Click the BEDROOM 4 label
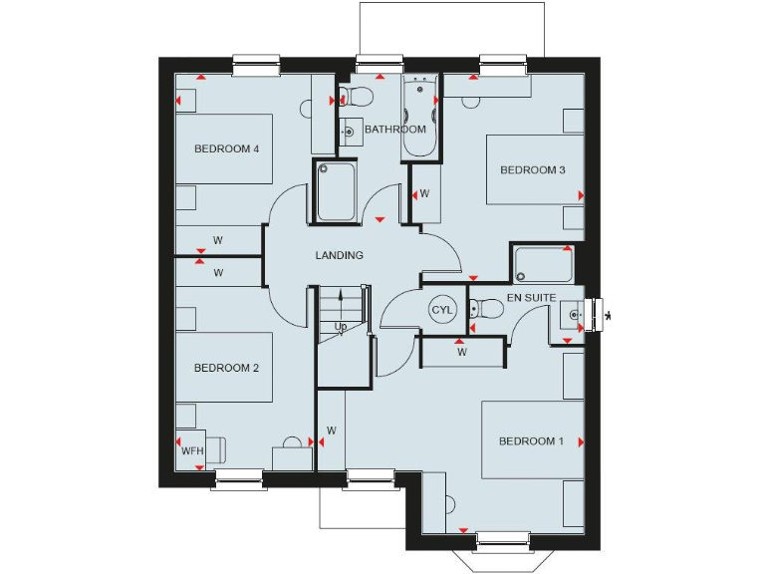point(226,149)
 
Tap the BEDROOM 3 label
point(532,170)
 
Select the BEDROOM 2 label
point(226,368)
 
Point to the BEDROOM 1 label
point(531,441)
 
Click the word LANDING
point(339,256)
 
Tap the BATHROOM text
point(394,130)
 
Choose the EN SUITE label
point(531,298)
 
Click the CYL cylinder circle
point(442,310)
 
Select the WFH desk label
point(191,451)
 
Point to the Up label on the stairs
point(341,327)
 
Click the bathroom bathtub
point(418,116)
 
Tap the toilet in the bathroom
point(355,97)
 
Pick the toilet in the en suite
point(485,309)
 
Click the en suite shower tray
point(543,265)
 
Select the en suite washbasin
point(572,315)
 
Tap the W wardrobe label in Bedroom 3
point(423,193)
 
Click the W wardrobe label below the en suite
point(461,352)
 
